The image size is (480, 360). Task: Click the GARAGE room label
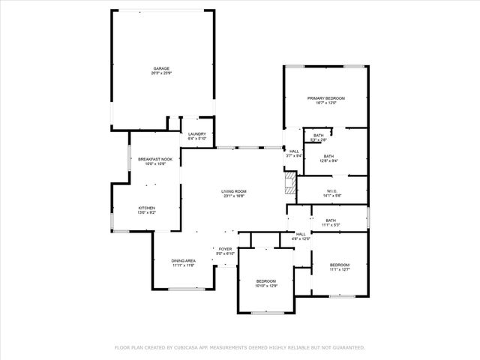click(161, 69)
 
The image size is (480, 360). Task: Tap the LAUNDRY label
click(197, 133)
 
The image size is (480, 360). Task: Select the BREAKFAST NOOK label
click(155, 159)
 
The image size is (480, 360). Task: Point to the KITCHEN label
click(146, 208)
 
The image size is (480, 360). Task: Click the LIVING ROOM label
click(233, 191)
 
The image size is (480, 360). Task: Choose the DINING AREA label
click(184, 260)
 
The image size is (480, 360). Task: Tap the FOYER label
click(226, 249)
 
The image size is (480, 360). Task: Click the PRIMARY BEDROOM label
click(326, 98)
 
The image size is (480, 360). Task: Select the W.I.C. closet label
click(332, 190)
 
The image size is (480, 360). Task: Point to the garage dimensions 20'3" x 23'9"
click(161, 73)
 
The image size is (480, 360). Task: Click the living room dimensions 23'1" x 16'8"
click(233, 196)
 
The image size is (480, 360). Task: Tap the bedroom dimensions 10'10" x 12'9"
click(267, 286)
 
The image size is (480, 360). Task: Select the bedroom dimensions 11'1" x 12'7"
click(340, 269)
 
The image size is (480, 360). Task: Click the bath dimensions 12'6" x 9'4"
click(329, 160)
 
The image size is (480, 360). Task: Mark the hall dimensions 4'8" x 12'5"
click(301, 238)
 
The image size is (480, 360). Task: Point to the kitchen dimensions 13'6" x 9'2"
click(146, 212)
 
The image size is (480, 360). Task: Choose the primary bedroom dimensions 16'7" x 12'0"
click(326, 103)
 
